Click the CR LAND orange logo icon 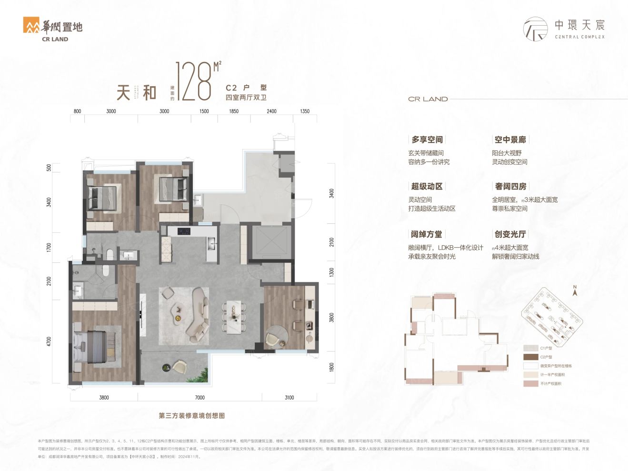click(x=31, y=25)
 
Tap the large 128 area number click(x=193, y=81)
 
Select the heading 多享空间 click(x=427, y=140)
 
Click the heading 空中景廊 click(x=510, y=140)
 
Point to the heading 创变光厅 click(x=510, y=234)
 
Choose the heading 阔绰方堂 click(x=427, y=234)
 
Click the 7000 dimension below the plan click(x=199, y=397)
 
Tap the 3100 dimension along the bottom click(x=289, y=397)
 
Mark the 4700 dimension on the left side click(x=49, y=341)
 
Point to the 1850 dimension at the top click(x=234, y=111)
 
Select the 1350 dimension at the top click(x=305, y=111)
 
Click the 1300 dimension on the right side click(x=332, y=272)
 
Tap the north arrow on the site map click(x=575, y=291)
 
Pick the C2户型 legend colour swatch click(x=530, y=357)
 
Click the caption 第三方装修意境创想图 click(x=191, y=416)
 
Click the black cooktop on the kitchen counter click(x=184, y=231)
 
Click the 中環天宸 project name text click(x=579, y=25)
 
